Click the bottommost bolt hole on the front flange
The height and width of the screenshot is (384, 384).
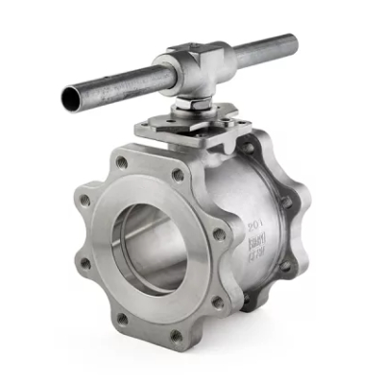[176, 335]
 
